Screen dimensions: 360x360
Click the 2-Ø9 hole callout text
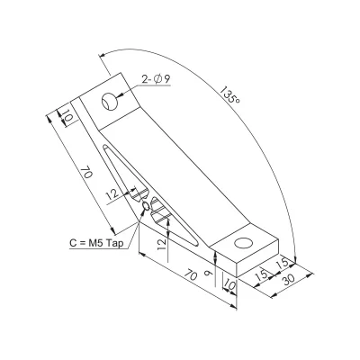click(x=156, y=79)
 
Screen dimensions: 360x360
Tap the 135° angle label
click(x=230, y=94)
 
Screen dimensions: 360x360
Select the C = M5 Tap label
click(x=96, y=243)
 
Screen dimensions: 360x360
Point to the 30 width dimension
click(x=288, y=280)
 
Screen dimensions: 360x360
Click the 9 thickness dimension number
click(x=207, y=273)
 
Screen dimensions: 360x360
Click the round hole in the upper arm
click(x=109, y=102)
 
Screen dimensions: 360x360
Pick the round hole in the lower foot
click(x=243, y=243)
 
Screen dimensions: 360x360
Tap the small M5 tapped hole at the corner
click(x=146, y=206)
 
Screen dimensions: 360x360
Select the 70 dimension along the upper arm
click(x=86, y=174)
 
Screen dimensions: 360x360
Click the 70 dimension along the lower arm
click(x=191, y=275)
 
